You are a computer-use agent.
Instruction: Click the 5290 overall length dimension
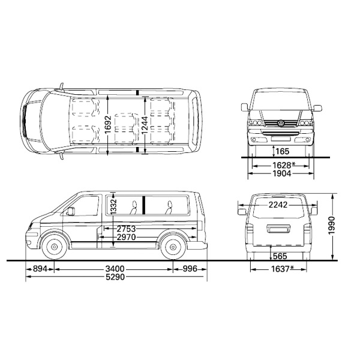click(115, 277)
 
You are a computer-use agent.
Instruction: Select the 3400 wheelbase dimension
click(115, 269)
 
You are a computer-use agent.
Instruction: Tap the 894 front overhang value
click(40, 269)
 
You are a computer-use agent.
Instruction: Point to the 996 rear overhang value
click(190, 269)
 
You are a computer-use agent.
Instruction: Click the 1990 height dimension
click(332, 226)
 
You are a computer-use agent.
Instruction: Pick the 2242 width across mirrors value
click(278, 205)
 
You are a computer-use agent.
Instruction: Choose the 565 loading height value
click(280, 256)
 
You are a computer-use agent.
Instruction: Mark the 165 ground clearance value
click(283, 151)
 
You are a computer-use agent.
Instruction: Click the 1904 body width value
click(282, 173)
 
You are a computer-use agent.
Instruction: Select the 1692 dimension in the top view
click(108, 124)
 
